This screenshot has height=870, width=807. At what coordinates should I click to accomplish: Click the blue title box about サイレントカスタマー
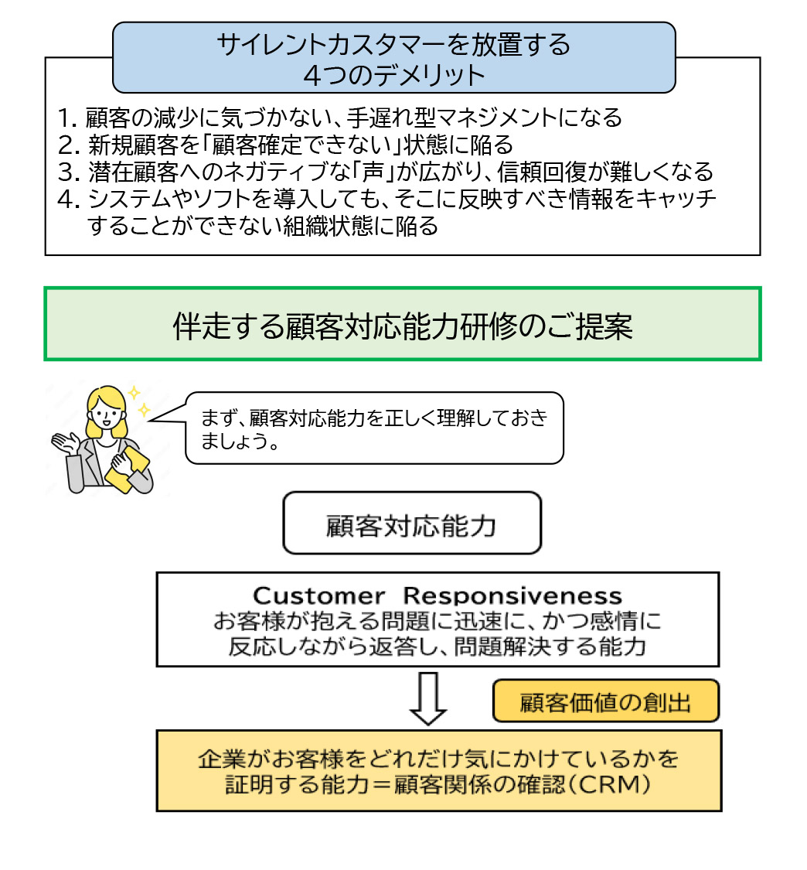pyautogui.click(x=393, y=58)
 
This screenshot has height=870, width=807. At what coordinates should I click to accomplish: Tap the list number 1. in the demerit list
pyautogui.click(x=68, y=118)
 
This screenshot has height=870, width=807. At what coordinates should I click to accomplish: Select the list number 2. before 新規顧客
pyautogui.click(x=69, y=145)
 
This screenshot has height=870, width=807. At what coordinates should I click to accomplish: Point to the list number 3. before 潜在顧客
pyautogui.click(x=69, y=172)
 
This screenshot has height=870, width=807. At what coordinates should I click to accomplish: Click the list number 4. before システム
pyautogui.click(x=69, y=200)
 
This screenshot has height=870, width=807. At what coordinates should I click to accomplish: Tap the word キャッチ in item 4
pyautogui.click(x=675, y=200)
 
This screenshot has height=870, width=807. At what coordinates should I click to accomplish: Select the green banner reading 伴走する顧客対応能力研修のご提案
pyautogui.click(x=403, y=324)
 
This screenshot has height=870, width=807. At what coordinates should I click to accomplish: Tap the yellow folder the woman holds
pyautogui.click(x=128, y=469)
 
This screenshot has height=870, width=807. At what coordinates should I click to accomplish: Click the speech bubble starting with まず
pyautogui.click(x=374, y=428)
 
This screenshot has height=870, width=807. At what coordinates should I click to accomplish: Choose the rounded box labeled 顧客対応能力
pyautogui.click(x=412, y=523)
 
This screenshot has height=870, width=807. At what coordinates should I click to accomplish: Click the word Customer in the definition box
pyautogui.click(x=319, y=596)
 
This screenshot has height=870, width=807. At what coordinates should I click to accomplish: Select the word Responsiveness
pyautogui.click(x=512, y=596)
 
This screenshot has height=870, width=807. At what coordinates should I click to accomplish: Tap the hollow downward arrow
pyautogui.click(x=427, y=698)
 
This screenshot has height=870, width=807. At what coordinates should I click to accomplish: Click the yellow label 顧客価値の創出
pyautogui.click(x=606, y=701)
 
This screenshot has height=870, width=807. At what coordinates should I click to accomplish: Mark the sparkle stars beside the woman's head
pyautogui.click(x=138, y=401)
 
